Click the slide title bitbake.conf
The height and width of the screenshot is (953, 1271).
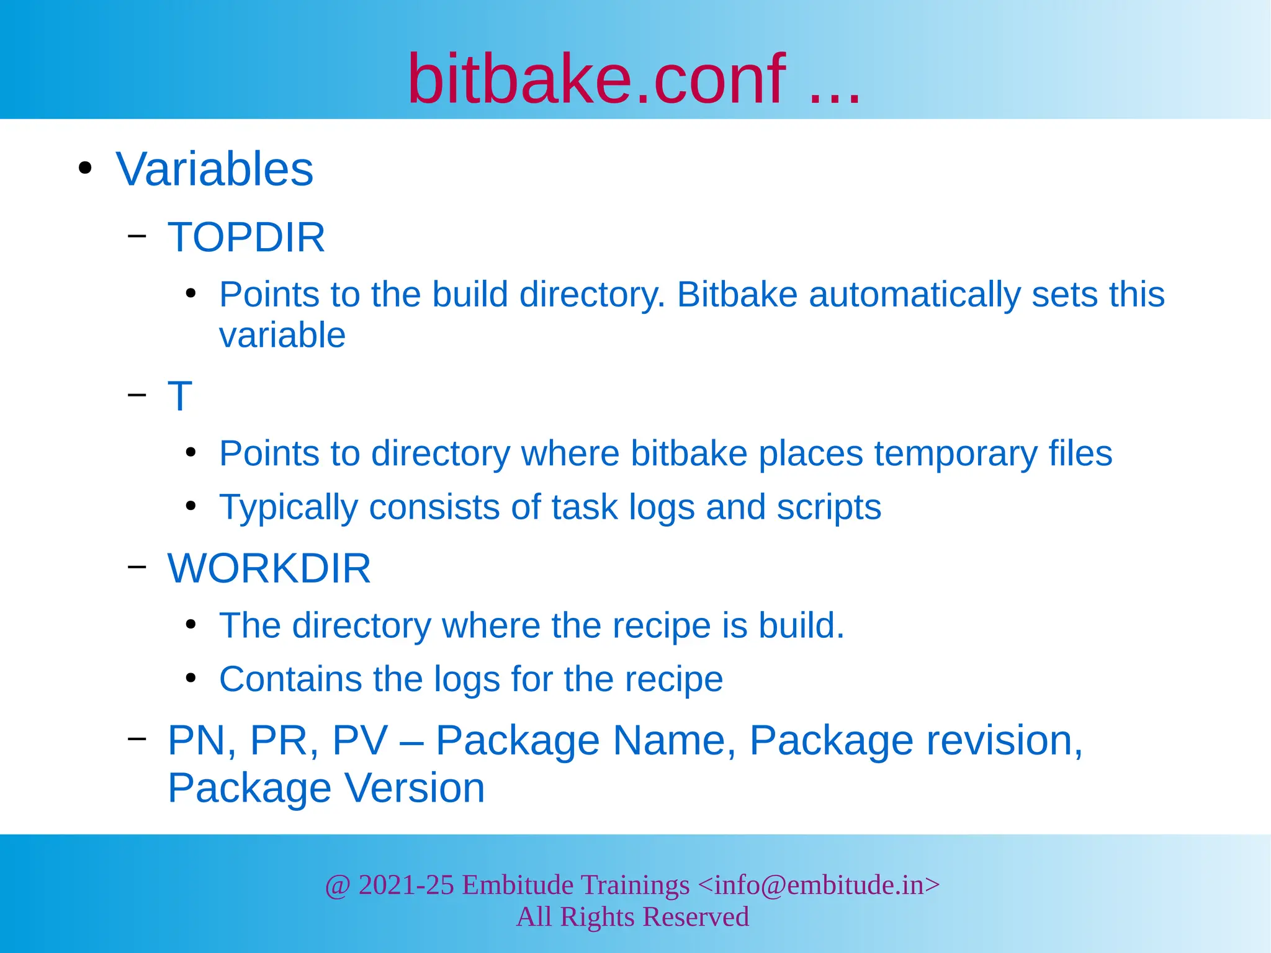[x=596, y=79]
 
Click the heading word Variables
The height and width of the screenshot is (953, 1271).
[x=214, y=169]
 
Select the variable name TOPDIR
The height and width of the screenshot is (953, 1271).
[x=246, y=237]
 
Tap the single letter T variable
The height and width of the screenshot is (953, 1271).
[x=180, y=396]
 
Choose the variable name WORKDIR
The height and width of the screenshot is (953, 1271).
[x=269, y=568]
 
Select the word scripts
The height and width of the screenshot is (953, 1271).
[x=829, y=508]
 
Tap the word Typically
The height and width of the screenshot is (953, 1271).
[x=289, y=508]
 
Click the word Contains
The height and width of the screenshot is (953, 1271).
[x=290, y=679]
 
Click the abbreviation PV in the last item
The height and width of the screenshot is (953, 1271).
[x=360, y=741]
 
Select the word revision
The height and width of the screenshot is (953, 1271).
[x=1004, y=741]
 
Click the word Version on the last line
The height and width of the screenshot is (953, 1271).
[x=414, y=789]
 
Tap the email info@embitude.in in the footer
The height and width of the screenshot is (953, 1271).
[x=819, y=885]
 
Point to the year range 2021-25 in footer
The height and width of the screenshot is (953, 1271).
[x=406, y=885]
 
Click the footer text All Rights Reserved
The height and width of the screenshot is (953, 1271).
[x=632, y=917]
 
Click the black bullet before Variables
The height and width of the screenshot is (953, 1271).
[x=85, y=168]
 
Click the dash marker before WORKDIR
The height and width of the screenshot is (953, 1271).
[x=137, y=566]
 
